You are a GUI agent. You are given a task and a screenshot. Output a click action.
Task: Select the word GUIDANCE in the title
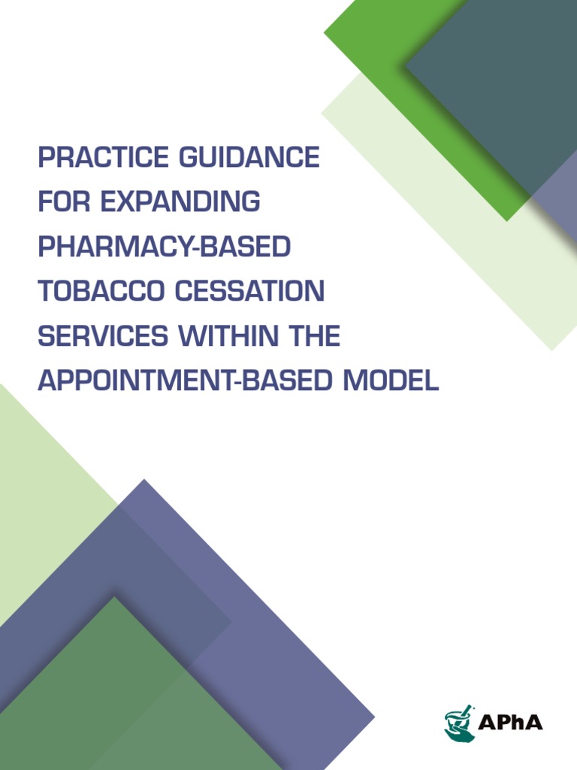(249, 159)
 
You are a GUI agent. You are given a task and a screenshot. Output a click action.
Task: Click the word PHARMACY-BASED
(164, 247)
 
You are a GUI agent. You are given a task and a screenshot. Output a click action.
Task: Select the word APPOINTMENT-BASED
(185, 380)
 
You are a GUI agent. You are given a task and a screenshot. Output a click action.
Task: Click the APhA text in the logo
(510, 723)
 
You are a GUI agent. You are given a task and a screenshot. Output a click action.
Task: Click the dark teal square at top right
(496, 83)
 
